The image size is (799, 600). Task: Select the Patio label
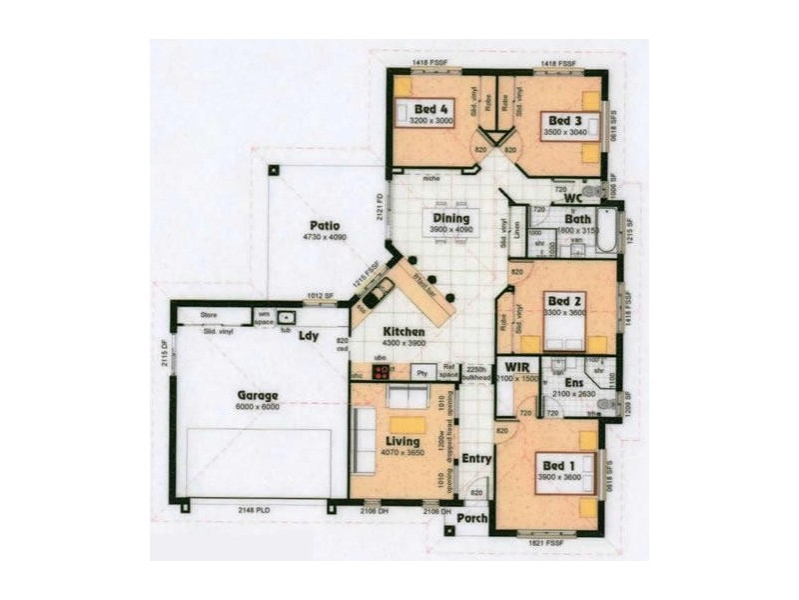click(x=324, y=226)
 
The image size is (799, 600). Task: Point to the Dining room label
click(x=450, y=218)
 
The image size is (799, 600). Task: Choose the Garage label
click(x=258, y=396)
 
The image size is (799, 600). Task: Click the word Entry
click(x=476, y=458)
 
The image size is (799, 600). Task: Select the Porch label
click(x=471, y=518)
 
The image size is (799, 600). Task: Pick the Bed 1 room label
click(x=557, y=464)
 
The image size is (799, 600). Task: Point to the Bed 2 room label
click(x=564, y=300)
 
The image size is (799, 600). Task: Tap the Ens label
click(x=573, y=382)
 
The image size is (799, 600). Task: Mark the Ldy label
click(x=309, y=337)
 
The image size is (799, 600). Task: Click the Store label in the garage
click(x=209, y=315)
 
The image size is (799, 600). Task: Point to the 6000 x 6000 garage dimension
click(x=257, y=408)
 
